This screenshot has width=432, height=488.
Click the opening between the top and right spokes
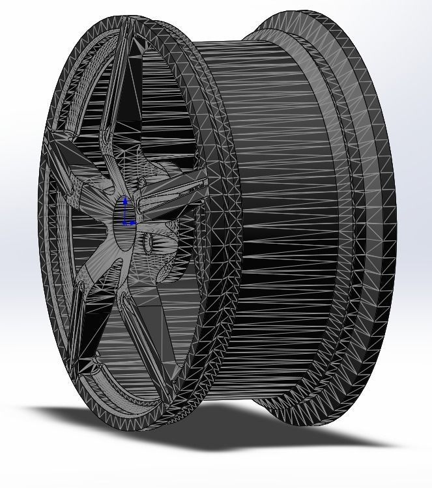coord(163,117)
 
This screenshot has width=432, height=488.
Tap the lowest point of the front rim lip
coord(143,427)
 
